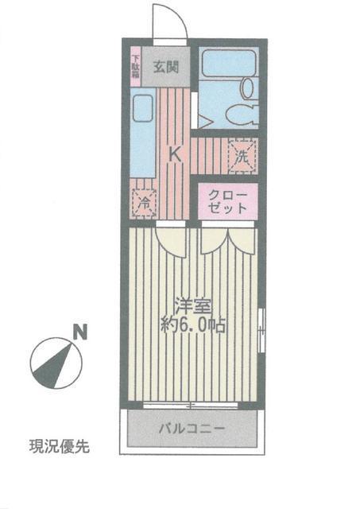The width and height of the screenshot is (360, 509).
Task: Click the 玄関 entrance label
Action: tap(166, 67)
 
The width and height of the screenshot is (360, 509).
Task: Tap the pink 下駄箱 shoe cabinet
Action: tap(136, 67)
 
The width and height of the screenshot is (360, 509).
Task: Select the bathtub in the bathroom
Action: tap(229, 63)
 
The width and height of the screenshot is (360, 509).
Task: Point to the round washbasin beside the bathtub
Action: tap(248, 88)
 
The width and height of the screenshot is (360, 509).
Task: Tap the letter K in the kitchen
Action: tap(176, 154)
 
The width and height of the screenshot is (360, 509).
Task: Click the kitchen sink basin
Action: tap(143, 108)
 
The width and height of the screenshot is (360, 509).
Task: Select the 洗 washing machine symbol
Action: tap(242, 156)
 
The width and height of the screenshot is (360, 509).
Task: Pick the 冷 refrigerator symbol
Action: tap(144, 204)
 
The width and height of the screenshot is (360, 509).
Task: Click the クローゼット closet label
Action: tap(227, 201)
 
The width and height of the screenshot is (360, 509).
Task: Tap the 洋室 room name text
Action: tap(193, 305)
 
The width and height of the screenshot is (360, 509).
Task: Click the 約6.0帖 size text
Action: tap(193, 324)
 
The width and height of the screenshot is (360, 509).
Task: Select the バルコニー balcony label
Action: tap(192, 429)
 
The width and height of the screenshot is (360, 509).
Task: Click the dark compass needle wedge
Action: tap(54, 367)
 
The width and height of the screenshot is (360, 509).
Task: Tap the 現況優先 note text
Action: tap(60, 447)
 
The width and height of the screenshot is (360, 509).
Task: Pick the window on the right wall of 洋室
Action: tap(261, 330)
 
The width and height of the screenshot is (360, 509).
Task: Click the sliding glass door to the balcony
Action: tap(191, 405)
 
